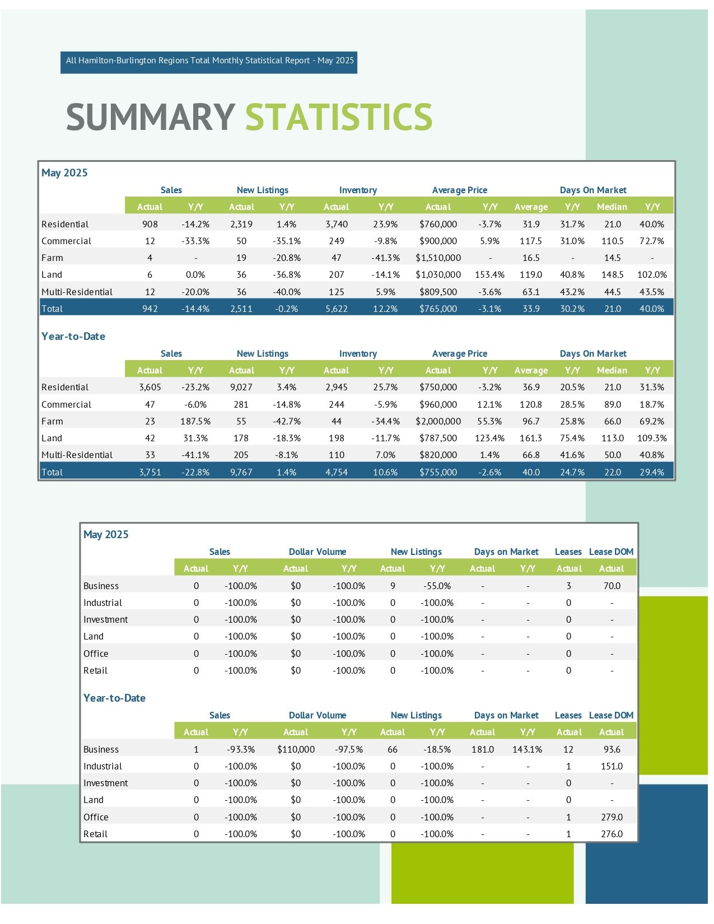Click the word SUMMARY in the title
coord(151,117)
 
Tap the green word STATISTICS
coord(339,117)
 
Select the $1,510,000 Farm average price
coord(438,258)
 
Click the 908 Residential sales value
coord(150,224)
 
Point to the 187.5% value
coord(195,421)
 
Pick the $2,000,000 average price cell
coord(438,421)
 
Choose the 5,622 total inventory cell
coord(337,309)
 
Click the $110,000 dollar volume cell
coord(296,749)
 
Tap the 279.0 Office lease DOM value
coord(612,816)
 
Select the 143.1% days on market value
coord(528,749)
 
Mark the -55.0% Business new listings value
coord(437,586)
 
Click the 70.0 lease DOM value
coord(612,586)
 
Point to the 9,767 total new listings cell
coord(241,472)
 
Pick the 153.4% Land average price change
coord(489,275)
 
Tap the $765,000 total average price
coord(438,309)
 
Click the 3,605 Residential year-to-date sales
coord(150,387)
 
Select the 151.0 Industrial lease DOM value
coord(612,766)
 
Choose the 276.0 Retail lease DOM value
coord(612,833)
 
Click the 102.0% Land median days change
coord(652,275)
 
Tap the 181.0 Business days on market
coord(483,749)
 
